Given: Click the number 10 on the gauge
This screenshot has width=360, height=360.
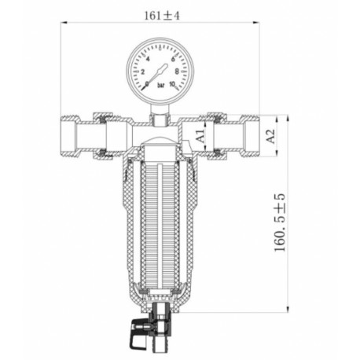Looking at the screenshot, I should pyautogui.click(x=184, y=85).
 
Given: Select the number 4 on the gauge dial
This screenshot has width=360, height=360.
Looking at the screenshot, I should pyautogui.click(x=149, y=59).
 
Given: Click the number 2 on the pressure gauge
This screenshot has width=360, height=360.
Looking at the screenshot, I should pyautogui.click(x=140, y=71).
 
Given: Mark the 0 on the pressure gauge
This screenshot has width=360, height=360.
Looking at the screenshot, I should pyautogui.click(x=142, y=85).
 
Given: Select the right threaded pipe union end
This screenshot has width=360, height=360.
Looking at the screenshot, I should pyautogui.click(x=250, y=136).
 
